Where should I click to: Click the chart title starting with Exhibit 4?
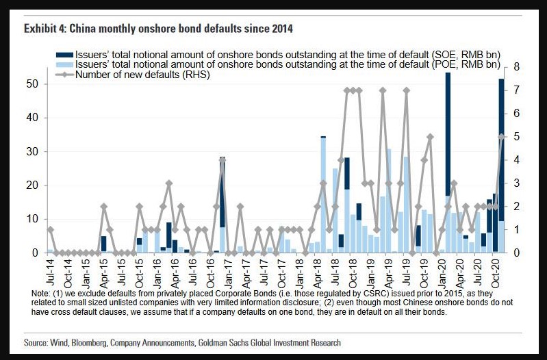click(158, 29)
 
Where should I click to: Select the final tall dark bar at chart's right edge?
click(501, 151)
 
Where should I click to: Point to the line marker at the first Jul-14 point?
click(50, 229)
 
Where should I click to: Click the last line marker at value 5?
click(501, 137)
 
